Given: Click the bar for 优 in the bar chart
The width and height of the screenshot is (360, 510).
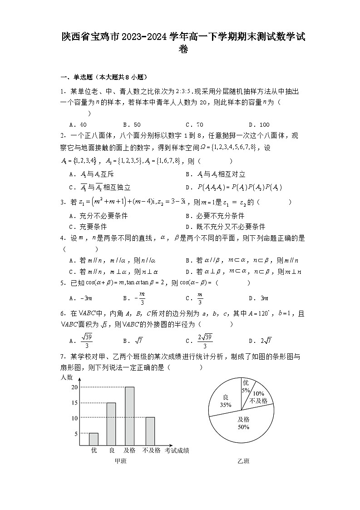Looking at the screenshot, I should click(94, 439).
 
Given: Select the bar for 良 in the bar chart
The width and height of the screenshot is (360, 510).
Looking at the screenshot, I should click(111, 424).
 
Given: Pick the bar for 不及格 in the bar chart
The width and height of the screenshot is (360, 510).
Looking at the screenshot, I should click(150, 431).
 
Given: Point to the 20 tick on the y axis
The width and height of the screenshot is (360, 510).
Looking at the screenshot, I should click(74, 387).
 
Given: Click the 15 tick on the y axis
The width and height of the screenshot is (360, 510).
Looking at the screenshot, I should click(74, 403).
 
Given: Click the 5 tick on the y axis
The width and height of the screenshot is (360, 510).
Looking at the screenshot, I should click(76, 434).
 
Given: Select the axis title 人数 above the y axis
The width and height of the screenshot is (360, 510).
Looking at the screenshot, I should click(67, 377).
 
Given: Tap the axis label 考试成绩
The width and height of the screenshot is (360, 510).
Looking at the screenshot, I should click(177, 451).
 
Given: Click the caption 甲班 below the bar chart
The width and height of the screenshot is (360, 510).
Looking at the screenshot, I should click(120, 461).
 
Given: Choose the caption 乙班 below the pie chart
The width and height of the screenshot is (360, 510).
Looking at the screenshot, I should click(243, 461).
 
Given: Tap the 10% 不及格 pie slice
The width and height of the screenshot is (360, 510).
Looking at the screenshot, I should click(260, 396).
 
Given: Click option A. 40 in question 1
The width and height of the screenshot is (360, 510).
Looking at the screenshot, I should click(78, 124).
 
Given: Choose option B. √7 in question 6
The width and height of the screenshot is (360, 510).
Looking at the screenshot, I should click(133, 341).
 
